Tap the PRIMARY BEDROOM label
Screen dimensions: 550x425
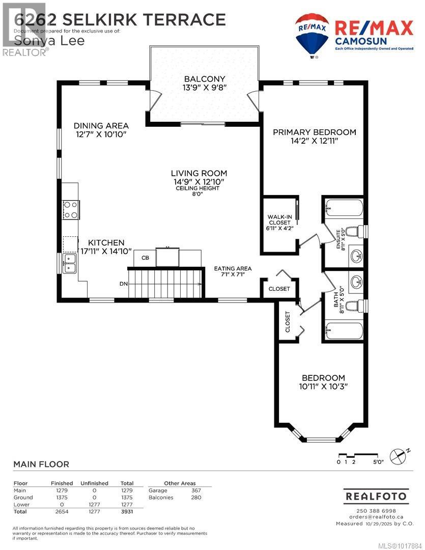314,132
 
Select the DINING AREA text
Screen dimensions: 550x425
101,126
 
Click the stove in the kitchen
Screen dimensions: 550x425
71,210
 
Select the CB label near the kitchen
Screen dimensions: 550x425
145,258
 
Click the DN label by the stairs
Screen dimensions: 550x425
124,284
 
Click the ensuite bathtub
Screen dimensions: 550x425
345,208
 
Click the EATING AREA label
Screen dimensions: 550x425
233,268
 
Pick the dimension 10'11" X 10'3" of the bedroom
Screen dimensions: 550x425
323,386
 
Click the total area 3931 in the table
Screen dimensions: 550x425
127,511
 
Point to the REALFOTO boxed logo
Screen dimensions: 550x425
376,496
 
